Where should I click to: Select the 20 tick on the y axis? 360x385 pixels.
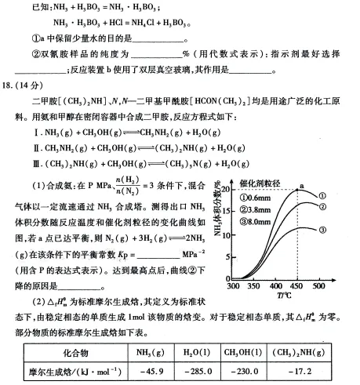click(x=223, y=189)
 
